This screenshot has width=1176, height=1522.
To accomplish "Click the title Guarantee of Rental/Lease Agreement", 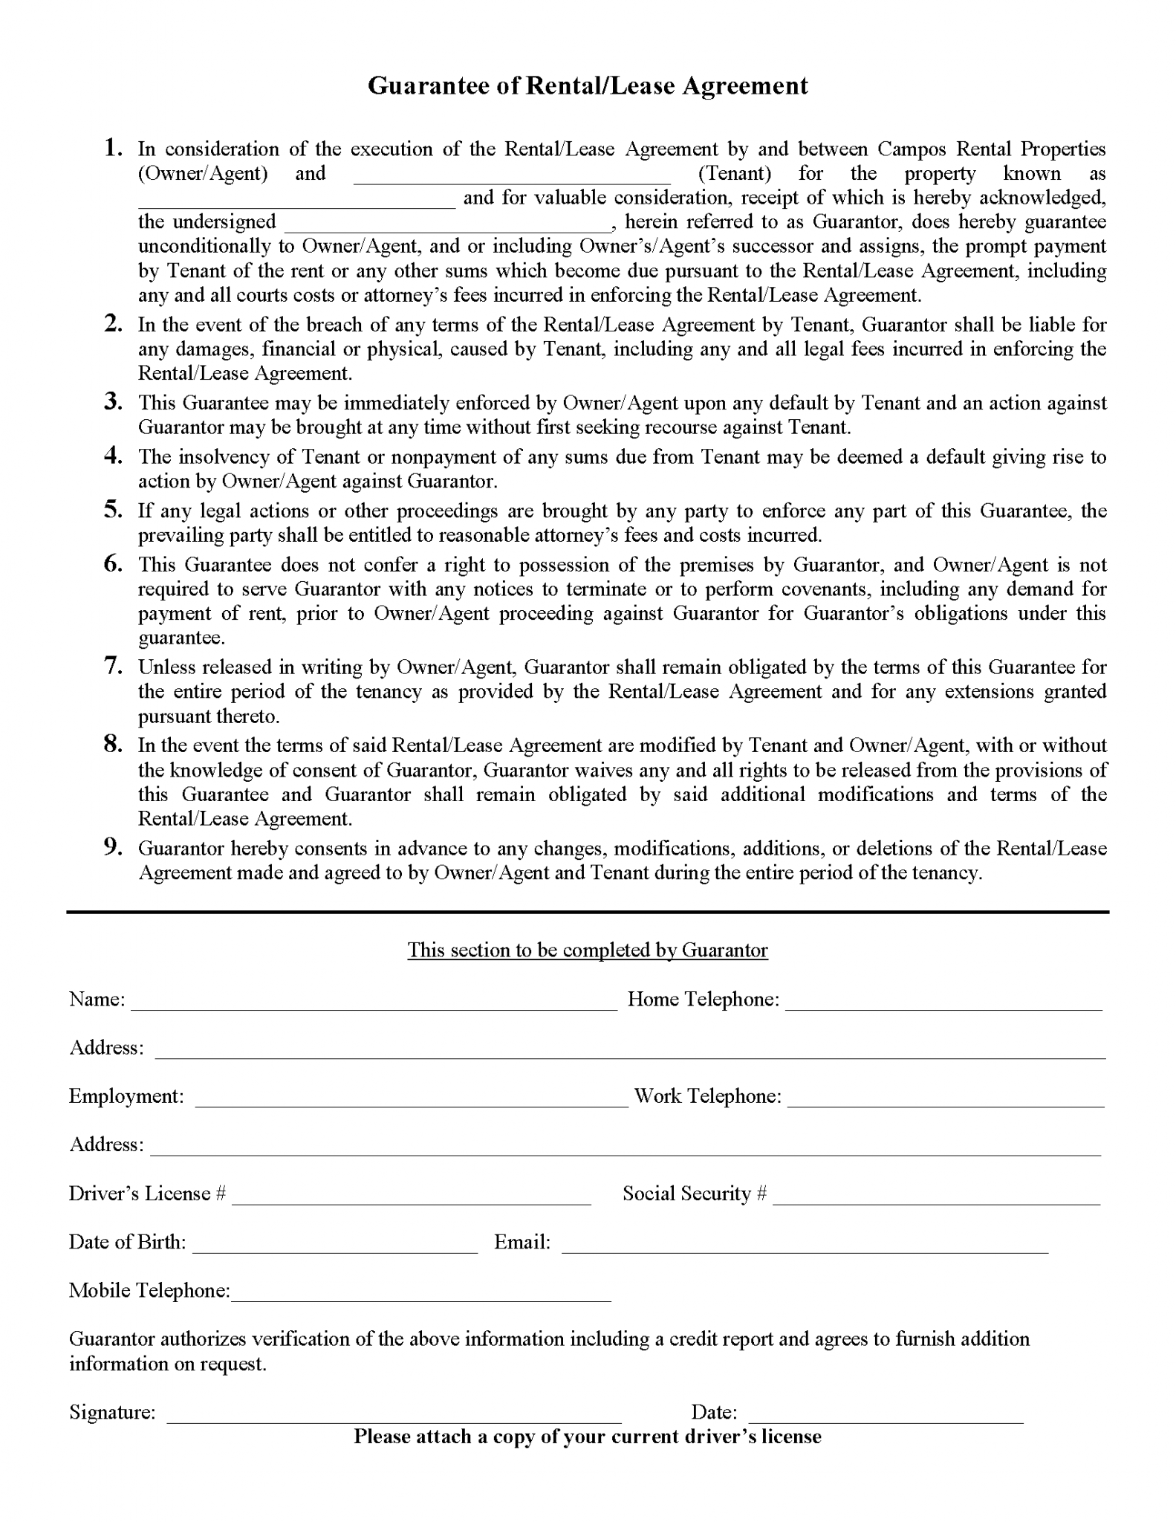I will [x=588, y=86].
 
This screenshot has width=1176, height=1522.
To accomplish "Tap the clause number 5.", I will [x=113, y=509].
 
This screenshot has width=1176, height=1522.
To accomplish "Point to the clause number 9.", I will [x=113, y=846].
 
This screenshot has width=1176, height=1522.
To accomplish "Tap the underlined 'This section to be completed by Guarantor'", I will [x=587, y=951].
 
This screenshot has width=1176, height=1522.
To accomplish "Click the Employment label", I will [x=126, y=1096].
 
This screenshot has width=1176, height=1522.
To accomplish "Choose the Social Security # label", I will [x=695, y=1194].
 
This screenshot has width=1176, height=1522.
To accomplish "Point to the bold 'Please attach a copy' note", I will [x=587, y=1437].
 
